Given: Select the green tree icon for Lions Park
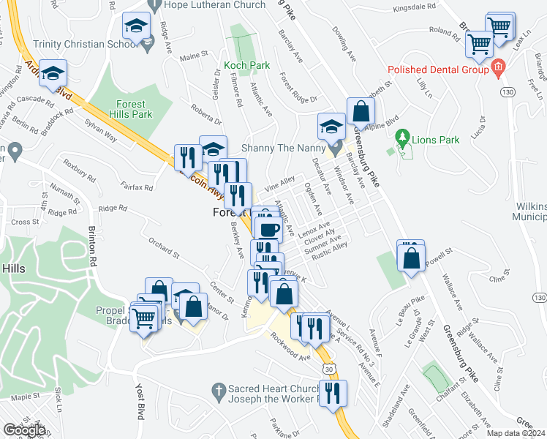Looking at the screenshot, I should pos(401,137).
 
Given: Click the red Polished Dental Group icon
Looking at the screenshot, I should pos(498,69).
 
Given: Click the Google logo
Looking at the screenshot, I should pos(24,430).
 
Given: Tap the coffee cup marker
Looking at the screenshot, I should pos(268,229).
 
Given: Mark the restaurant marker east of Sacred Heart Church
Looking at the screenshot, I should pos(334,392).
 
